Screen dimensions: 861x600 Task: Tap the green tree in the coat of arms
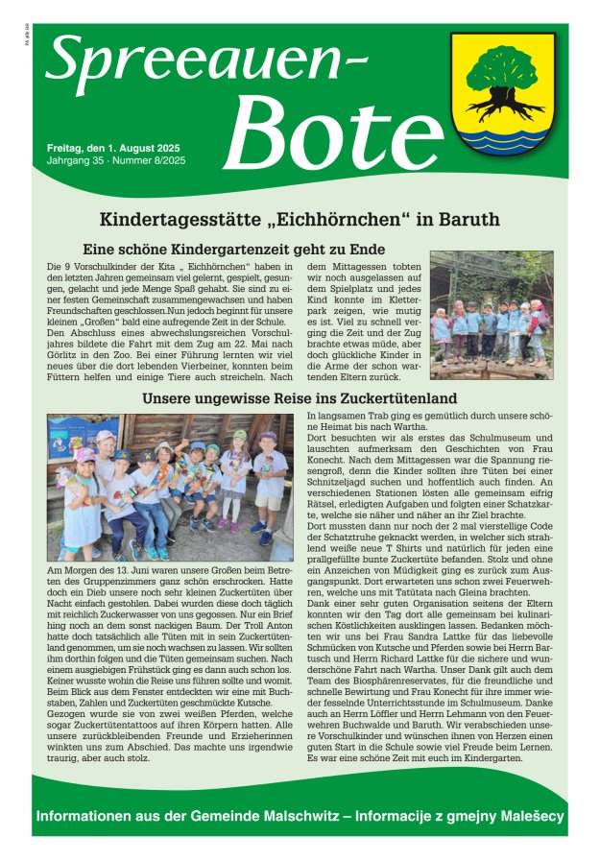(x=503, y=73)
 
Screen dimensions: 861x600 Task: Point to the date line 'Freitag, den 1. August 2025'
(x=113, y=148)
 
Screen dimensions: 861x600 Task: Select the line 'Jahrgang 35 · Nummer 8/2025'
(x=116, y=160)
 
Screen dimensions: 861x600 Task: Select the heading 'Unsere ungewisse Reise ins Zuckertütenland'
(x=300, y=397)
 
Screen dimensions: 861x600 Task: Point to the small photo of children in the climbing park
(x=491, y=315)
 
